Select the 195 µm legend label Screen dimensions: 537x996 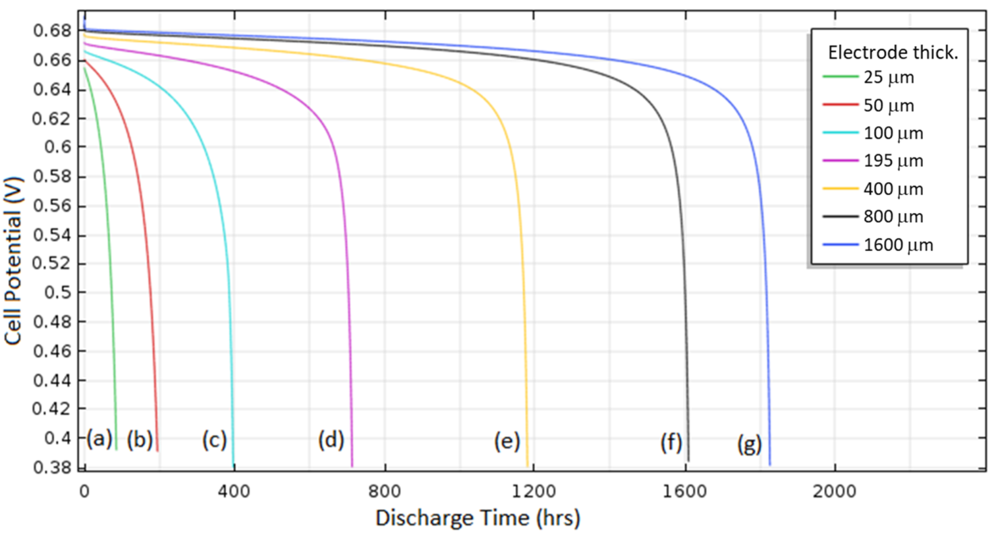(x=893, y=161)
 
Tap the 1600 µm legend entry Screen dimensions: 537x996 (x=897, y=245)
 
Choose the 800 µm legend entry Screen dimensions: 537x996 (x=893, y=217)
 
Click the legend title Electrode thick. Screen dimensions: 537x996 (x=893, y=52)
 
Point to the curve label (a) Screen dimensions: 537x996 (x=99, y=439)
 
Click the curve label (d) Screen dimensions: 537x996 (x=331, y=440)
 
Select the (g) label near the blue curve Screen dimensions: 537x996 (x=749, y=444)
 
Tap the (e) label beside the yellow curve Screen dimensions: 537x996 (x=507, y=441)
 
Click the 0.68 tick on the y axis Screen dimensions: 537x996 (x=52, y=31)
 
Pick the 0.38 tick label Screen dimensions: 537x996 (x=52, y=467)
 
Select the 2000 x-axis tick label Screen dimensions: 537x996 (x=834, y=492)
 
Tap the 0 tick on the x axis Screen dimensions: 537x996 (x=85, y=492)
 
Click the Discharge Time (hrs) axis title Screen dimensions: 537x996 (x=478, y=518)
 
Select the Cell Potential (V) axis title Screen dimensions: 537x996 (x=13, y=261)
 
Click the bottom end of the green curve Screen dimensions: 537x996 (x=116, y=449)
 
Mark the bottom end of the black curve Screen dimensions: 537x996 (x=688, y=460)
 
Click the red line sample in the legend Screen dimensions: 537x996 (x=840, y=105)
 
